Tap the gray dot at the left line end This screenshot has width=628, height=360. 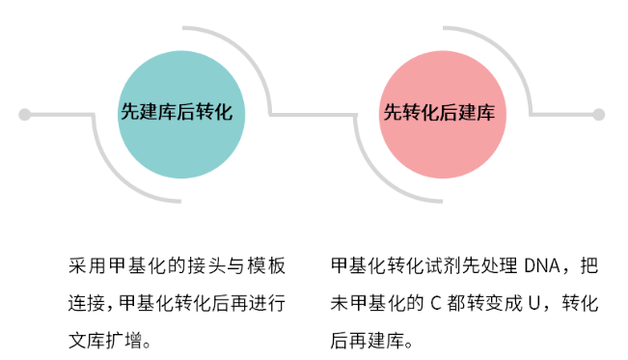tap(25, 114)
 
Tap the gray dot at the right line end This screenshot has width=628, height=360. tap(598, 114)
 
